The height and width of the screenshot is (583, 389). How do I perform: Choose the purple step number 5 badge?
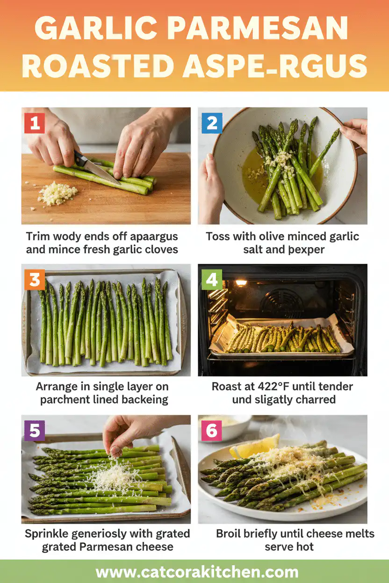34,431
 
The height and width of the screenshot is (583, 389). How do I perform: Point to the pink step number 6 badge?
211,431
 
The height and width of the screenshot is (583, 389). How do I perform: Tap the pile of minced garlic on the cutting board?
57,193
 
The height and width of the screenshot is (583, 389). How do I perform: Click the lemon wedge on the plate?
255,446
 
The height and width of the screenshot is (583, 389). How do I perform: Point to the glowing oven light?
241,283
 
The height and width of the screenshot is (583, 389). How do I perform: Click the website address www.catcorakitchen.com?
197,572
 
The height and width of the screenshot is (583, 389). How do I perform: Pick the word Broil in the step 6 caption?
231,533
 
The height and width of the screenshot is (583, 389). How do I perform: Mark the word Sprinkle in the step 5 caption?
49,533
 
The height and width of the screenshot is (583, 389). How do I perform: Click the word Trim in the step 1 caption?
37,236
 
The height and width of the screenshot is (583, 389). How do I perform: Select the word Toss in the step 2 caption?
218,236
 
